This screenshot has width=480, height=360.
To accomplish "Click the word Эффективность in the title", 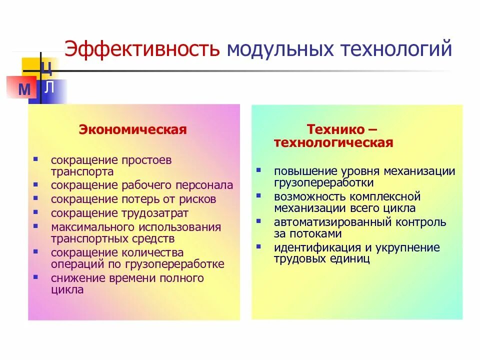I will point(142,49).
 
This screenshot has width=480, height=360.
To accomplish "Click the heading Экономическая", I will point(132,130).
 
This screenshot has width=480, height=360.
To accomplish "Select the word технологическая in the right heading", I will point(333,143).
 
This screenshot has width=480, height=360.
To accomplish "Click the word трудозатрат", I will point(156,213).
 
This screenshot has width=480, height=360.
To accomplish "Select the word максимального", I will point(90,227).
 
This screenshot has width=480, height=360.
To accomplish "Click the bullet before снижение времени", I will point(35,275).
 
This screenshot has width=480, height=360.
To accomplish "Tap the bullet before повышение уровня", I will point(258,169).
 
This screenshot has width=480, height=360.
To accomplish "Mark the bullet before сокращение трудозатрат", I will point(35,211).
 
